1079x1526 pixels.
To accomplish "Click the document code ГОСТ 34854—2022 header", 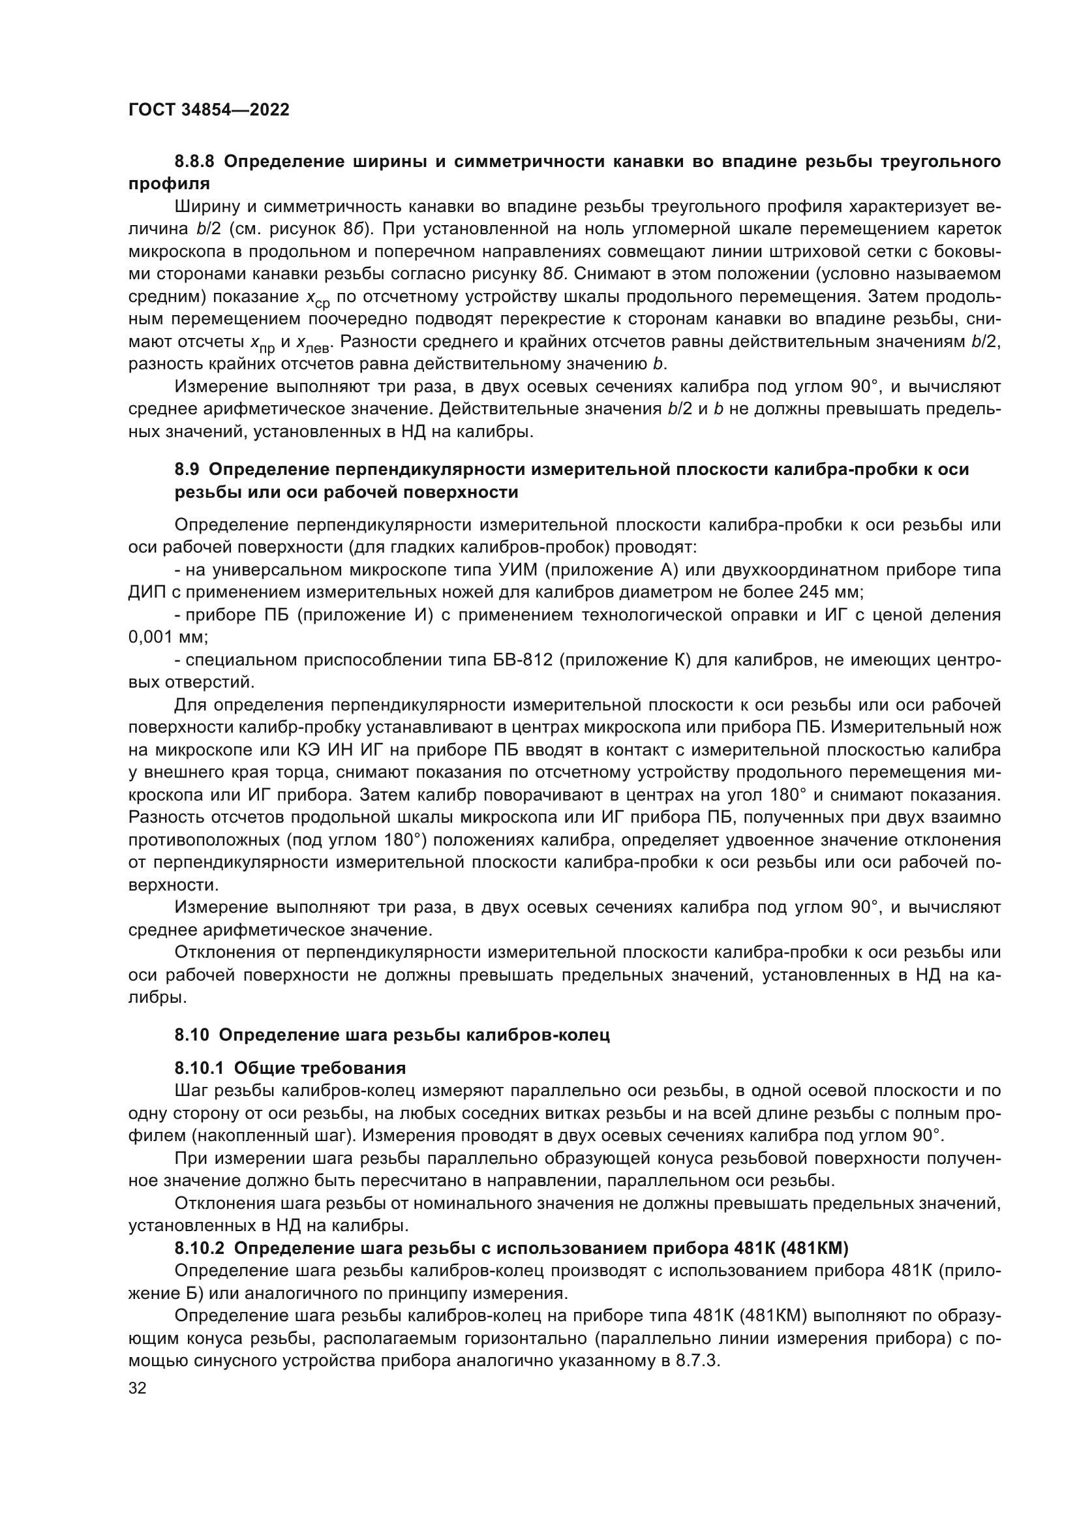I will tap(209, 110).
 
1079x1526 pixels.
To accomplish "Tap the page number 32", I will tap(138, 1388).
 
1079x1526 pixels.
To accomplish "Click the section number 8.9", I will tap(187, 470).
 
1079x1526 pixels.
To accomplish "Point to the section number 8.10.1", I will tap(200, 1068).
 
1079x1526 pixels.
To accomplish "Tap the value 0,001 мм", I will tap(168, 637).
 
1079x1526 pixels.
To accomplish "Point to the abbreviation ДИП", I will tap(143, 592).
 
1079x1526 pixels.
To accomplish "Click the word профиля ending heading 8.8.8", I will tap(169, 184).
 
